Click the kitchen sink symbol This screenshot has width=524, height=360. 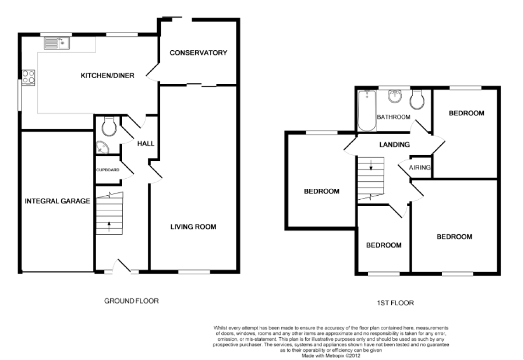click(x=57, y=43)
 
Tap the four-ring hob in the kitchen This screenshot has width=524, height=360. click(x=28, y=77)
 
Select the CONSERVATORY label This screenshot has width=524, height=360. click(x=198, y=53)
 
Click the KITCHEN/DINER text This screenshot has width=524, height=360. click(x=107, y=76)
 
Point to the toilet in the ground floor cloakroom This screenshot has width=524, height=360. click(x=109, y=127)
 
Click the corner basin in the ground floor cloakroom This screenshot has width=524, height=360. click(x=102, y=147)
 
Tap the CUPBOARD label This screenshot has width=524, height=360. click(x=107, y=170)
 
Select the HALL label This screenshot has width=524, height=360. click(x=146, y=144)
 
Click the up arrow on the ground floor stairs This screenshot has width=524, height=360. click(x=109, y=227)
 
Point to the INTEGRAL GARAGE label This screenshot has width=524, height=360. click(x=58, y=201)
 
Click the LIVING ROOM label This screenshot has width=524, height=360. click(x=193, y=227)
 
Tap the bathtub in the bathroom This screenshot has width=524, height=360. click(x=367, y=111)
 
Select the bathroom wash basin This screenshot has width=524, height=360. click(x=395, y=97)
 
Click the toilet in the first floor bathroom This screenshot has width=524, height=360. click(x=417, y=100)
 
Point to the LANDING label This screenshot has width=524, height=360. click(x=395, y=145)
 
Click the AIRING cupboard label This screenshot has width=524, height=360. click(x=420, y=168)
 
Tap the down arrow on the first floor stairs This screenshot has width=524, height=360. click(x=371, y=165)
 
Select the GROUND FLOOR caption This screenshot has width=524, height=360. click(x=131, y=301)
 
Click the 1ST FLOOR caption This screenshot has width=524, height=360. click(x=395, y=303)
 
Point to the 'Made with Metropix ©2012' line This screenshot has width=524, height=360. click(x=331, y=356)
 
